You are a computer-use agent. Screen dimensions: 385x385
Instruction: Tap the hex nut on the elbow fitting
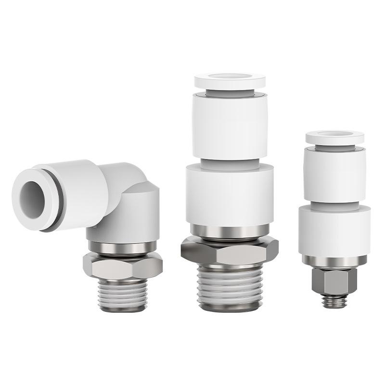point(122,265)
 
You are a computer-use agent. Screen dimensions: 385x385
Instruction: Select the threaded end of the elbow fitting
point(122,294)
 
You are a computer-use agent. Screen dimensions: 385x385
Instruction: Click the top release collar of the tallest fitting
point(230,80)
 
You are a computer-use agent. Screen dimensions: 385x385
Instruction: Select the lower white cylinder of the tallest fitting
point(230,192)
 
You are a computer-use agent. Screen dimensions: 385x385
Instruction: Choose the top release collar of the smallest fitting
point(334,137)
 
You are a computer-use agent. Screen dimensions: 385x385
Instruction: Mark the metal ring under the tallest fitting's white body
point(230,231)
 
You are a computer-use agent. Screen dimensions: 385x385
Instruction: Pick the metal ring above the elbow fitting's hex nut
point(122,248)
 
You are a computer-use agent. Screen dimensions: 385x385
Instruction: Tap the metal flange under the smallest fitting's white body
point(334,260)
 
